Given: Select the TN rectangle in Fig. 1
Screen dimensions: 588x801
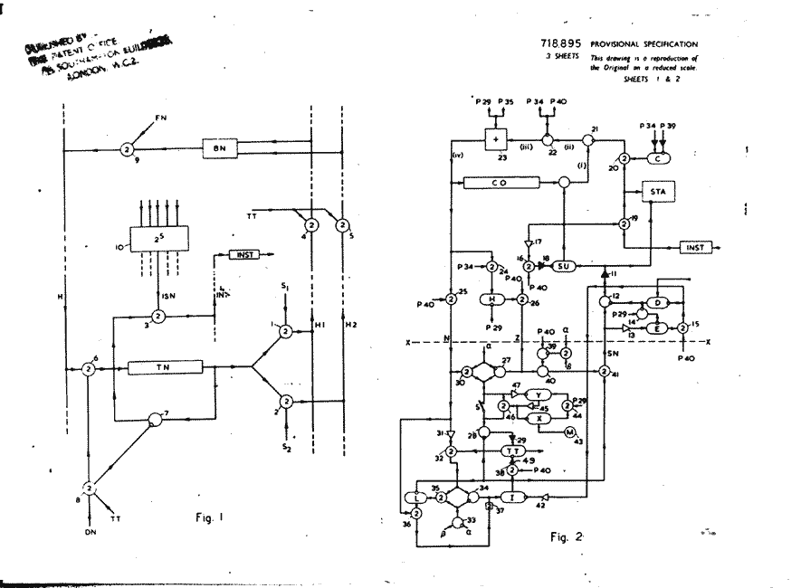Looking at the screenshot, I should (164, 368).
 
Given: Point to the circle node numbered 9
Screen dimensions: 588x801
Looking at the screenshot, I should (128, 148).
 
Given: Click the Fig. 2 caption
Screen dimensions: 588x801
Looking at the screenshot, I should (567, 537).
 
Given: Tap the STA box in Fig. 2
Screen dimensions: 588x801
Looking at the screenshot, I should (658, 191).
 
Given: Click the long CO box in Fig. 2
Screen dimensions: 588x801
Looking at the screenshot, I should (501, 183).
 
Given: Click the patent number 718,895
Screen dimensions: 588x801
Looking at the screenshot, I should (562, 43).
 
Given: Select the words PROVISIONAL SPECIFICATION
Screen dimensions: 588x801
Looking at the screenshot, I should (644, 43).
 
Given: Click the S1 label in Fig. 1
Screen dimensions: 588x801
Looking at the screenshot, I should (283, 287).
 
